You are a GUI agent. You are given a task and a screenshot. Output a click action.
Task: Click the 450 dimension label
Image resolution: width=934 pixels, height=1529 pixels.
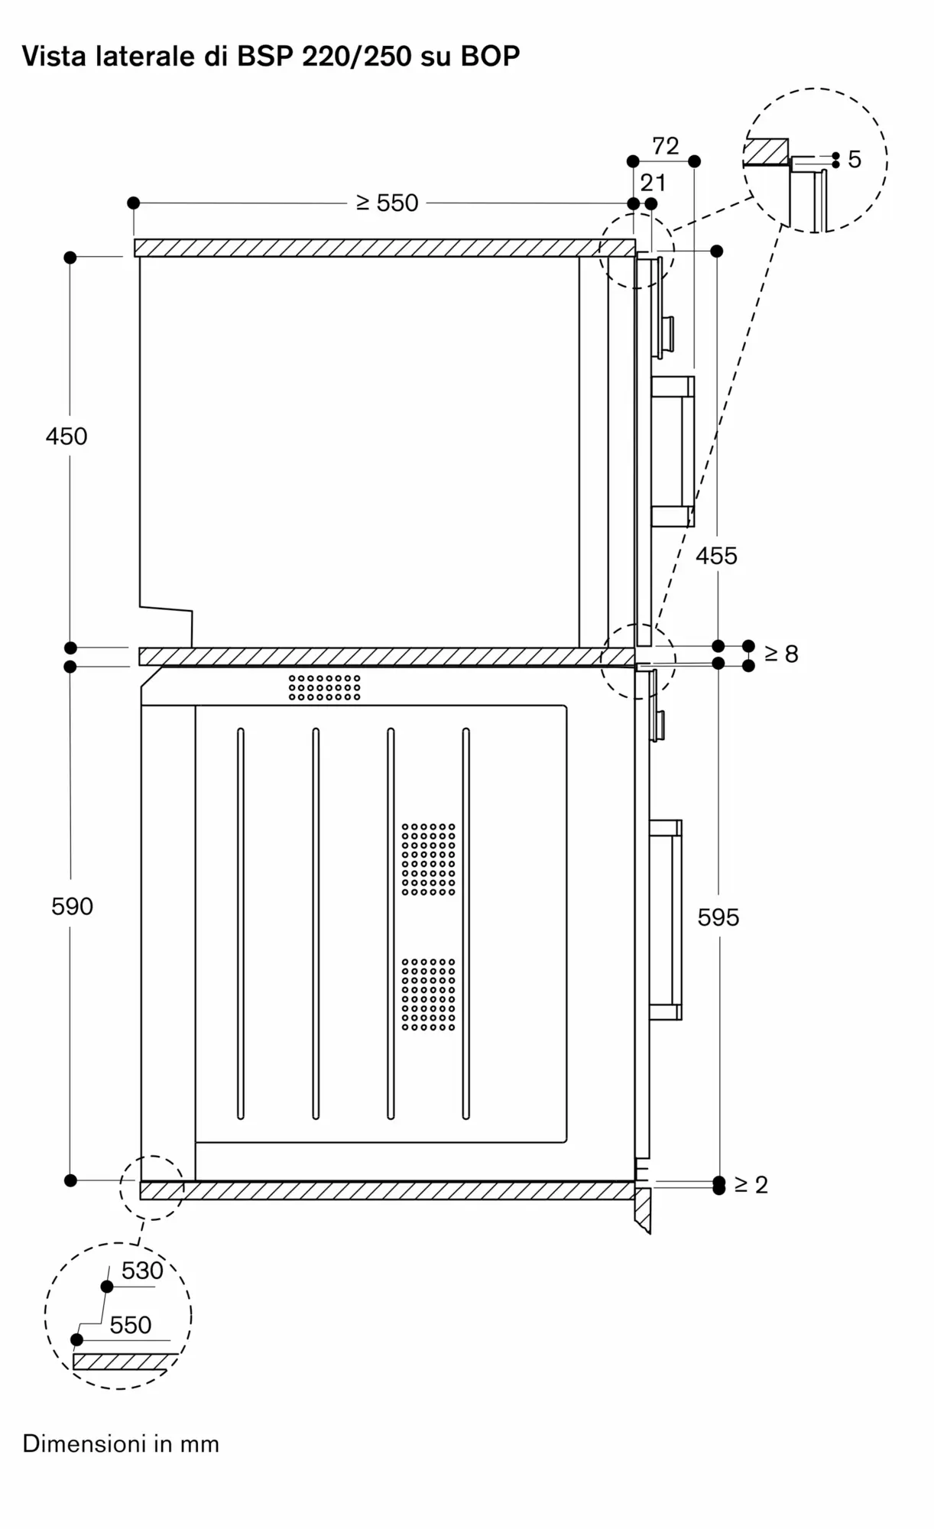(x=66, y=437)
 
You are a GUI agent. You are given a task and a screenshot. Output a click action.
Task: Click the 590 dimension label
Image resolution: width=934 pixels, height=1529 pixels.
(x=72, y=906)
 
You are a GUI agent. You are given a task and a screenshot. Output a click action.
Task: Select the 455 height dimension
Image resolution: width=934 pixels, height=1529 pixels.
(x=716, y=556)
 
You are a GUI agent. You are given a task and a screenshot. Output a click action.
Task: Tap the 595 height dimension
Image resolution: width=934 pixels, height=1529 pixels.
(x=718, y=917)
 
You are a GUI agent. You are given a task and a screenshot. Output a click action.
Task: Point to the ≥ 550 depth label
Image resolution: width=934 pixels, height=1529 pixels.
(x=388, y=203)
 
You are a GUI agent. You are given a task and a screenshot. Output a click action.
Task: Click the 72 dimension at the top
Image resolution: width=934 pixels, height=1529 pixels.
(x=665, y=146)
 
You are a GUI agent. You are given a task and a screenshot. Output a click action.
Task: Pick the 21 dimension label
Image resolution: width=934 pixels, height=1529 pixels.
(x=653, y=183)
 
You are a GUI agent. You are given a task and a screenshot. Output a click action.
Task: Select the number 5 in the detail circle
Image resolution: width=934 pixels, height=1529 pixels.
(x=855, y=160)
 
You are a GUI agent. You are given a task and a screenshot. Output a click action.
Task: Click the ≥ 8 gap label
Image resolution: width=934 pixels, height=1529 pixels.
(x=781, y=654)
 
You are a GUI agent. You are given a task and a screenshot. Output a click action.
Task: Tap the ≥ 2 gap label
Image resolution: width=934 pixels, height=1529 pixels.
(x=751, y=1184)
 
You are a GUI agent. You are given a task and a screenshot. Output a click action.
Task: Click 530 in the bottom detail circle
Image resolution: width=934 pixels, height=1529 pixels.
(x=142, y=1271)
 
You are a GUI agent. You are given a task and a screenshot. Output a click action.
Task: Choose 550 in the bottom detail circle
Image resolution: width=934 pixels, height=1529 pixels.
(x=130, y=1325)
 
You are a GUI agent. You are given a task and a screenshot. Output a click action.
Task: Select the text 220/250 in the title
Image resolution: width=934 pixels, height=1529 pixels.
(x=357, y=56)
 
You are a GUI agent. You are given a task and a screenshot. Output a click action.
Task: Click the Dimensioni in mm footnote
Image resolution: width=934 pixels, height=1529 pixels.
(x=121, y=1444)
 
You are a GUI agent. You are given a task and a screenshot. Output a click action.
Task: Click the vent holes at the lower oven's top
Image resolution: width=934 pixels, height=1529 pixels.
(x=325, y=687)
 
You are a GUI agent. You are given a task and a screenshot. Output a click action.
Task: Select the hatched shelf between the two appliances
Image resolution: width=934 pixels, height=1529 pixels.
(x=386, y=657)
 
